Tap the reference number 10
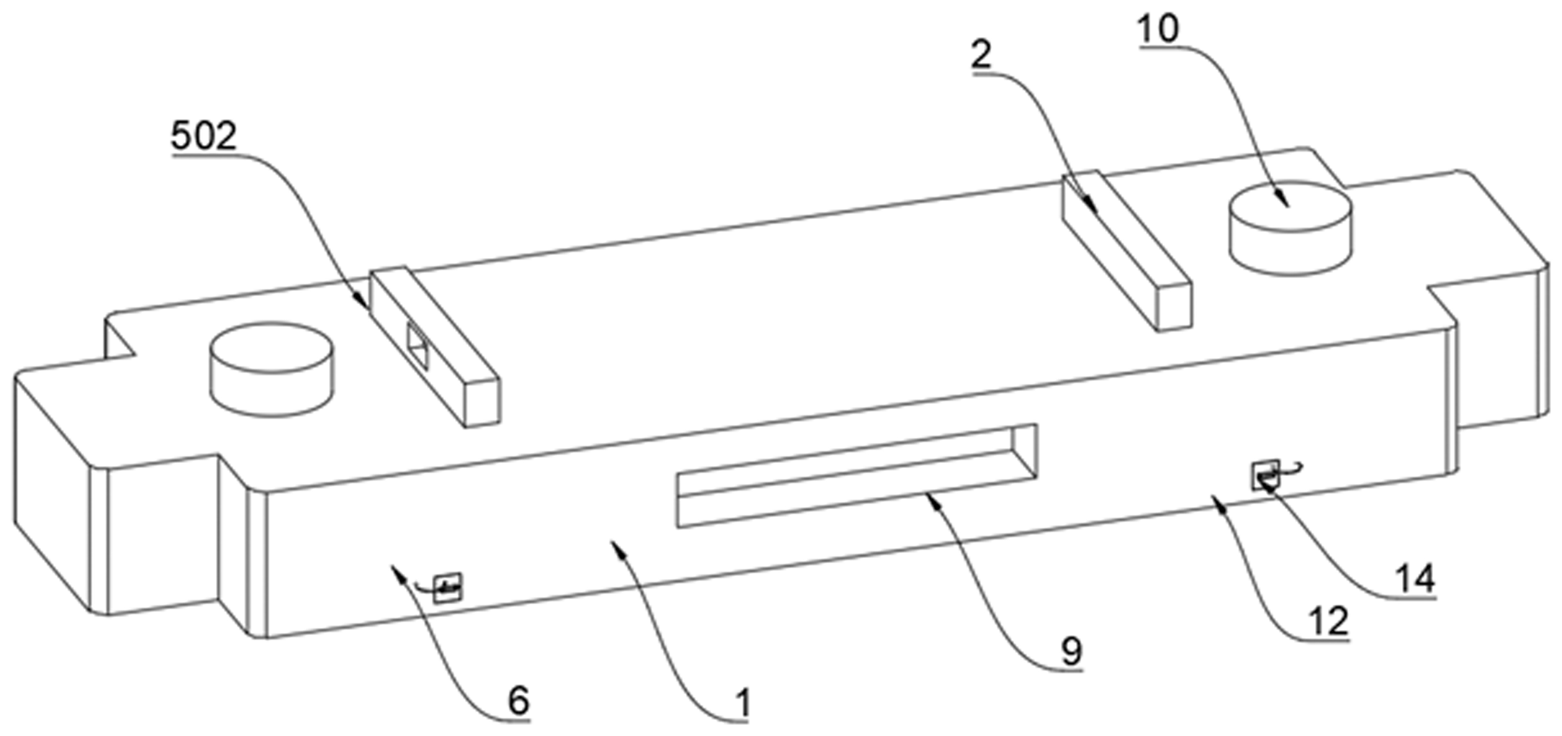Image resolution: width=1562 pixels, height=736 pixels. tap(1158, 29)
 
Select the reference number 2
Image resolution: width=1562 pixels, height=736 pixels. tap(981, 55)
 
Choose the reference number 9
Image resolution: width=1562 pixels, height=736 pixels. tap(1072, 651)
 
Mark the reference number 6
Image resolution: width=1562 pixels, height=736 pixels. tap(519, 701)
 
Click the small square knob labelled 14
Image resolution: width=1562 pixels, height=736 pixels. tap(1265, 474)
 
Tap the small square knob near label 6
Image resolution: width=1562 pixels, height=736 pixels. tap(448, 587)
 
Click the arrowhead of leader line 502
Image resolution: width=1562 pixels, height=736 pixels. tap(364, 303)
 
